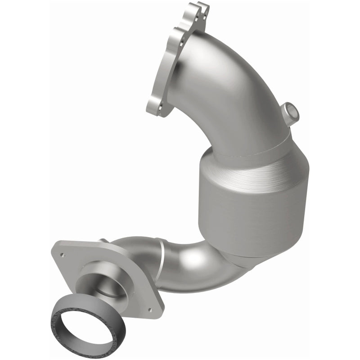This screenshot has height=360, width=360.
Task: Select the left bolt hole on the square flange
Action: coord(63,255)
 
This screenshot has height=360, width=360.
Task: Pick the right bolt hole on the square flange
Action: coord(149,310)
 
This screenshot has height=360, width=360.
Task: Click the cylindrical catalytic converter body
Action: coord(252,202)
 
